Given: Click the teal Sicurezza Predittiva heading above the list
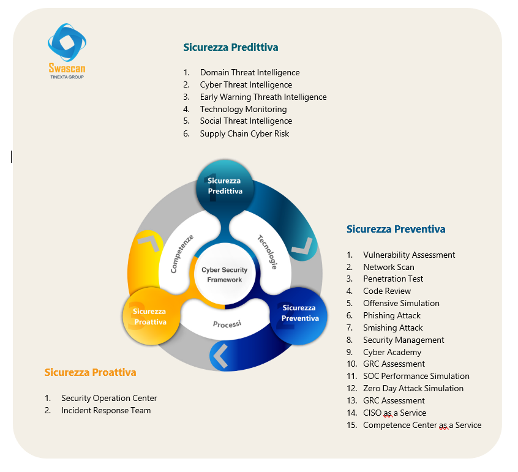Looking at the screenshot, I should (x=231, y=47).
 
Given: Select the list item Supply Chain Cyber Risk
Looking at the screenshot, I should (x=244, y=133).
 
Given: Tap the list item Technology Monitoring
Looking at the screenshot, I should (x=243, y=109).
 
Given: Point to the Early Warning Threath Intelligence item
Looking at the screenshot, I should (x=263, y=97).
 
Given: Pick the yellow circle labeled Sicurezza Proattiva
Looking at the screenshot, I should (x=150, y=316).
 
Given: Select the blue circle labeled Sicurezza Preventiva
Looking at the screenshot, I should (x=299, y=313).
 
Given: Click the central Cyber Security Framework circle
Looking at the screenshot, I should (x=224, y=275).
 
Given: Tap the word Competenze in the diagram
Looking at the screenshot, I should (x=182, y=253).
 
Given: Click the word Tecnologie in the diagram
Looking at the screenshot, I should (x=267, y=252).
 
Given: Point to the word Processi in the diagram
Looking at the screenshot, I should (x=227, y=324).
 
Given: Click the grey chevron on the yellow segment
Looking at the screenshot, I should (x=149, y=242).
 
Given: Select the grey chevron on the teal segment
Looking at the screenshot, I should (x=302, y=248).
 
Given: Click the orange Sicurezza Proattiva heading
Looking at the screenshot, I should (x=90, y=372).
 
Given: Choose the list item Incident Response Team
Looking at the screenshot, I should (x=106, y=410).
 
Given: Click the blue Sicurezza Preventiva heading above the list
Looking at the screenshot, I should (x=396, y=230).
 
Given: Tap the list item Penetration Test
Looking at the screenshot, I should (x=393, y=279).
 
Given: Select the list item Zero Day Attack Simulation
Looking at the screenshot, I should (x=413, y=388).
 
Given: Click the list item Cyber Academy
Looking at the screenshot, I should (x=392, y=352).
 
